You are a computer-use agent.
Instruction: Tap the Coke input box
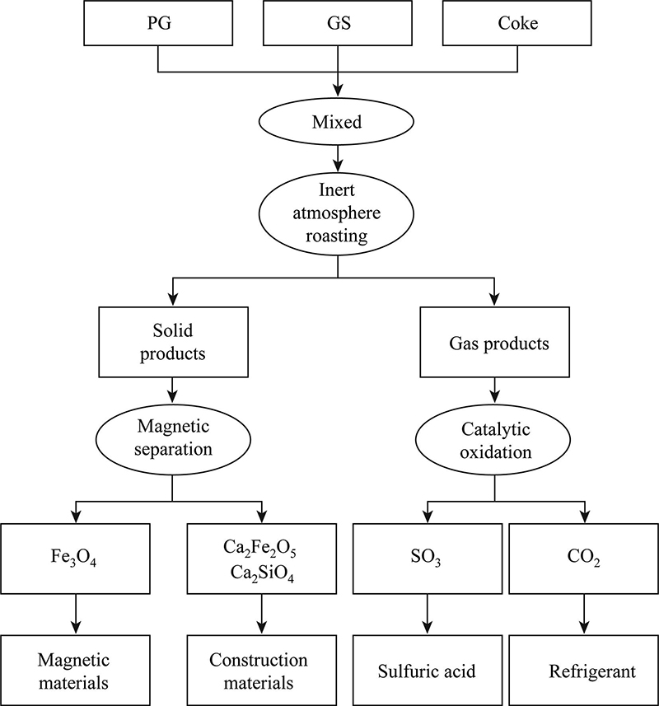518,23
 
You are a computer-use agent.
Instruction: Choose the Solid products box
172,342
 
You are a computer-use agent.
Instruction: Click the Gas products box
494,342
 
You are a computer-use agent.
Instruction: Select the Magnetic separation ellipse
172,439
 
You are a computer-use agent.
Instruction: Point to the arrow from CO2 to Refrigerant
584,616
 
